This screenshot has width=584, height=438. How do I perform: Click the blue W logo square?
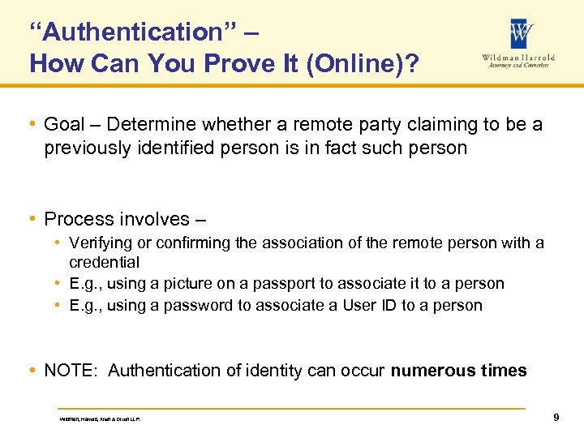[x=522, y=34]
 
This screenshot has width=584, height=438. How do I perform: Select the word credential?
[x=105, y=262]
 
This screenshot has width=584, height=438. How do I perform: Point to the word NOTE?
[x=72, y=371]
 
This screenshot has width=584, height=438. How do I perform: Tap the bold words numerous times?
[x=459, y=371]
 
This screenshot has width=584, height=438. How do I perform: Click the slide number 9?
[x=556, y=418]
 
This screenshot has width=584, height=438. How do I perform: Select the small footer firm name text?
[x=105, y=419]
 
